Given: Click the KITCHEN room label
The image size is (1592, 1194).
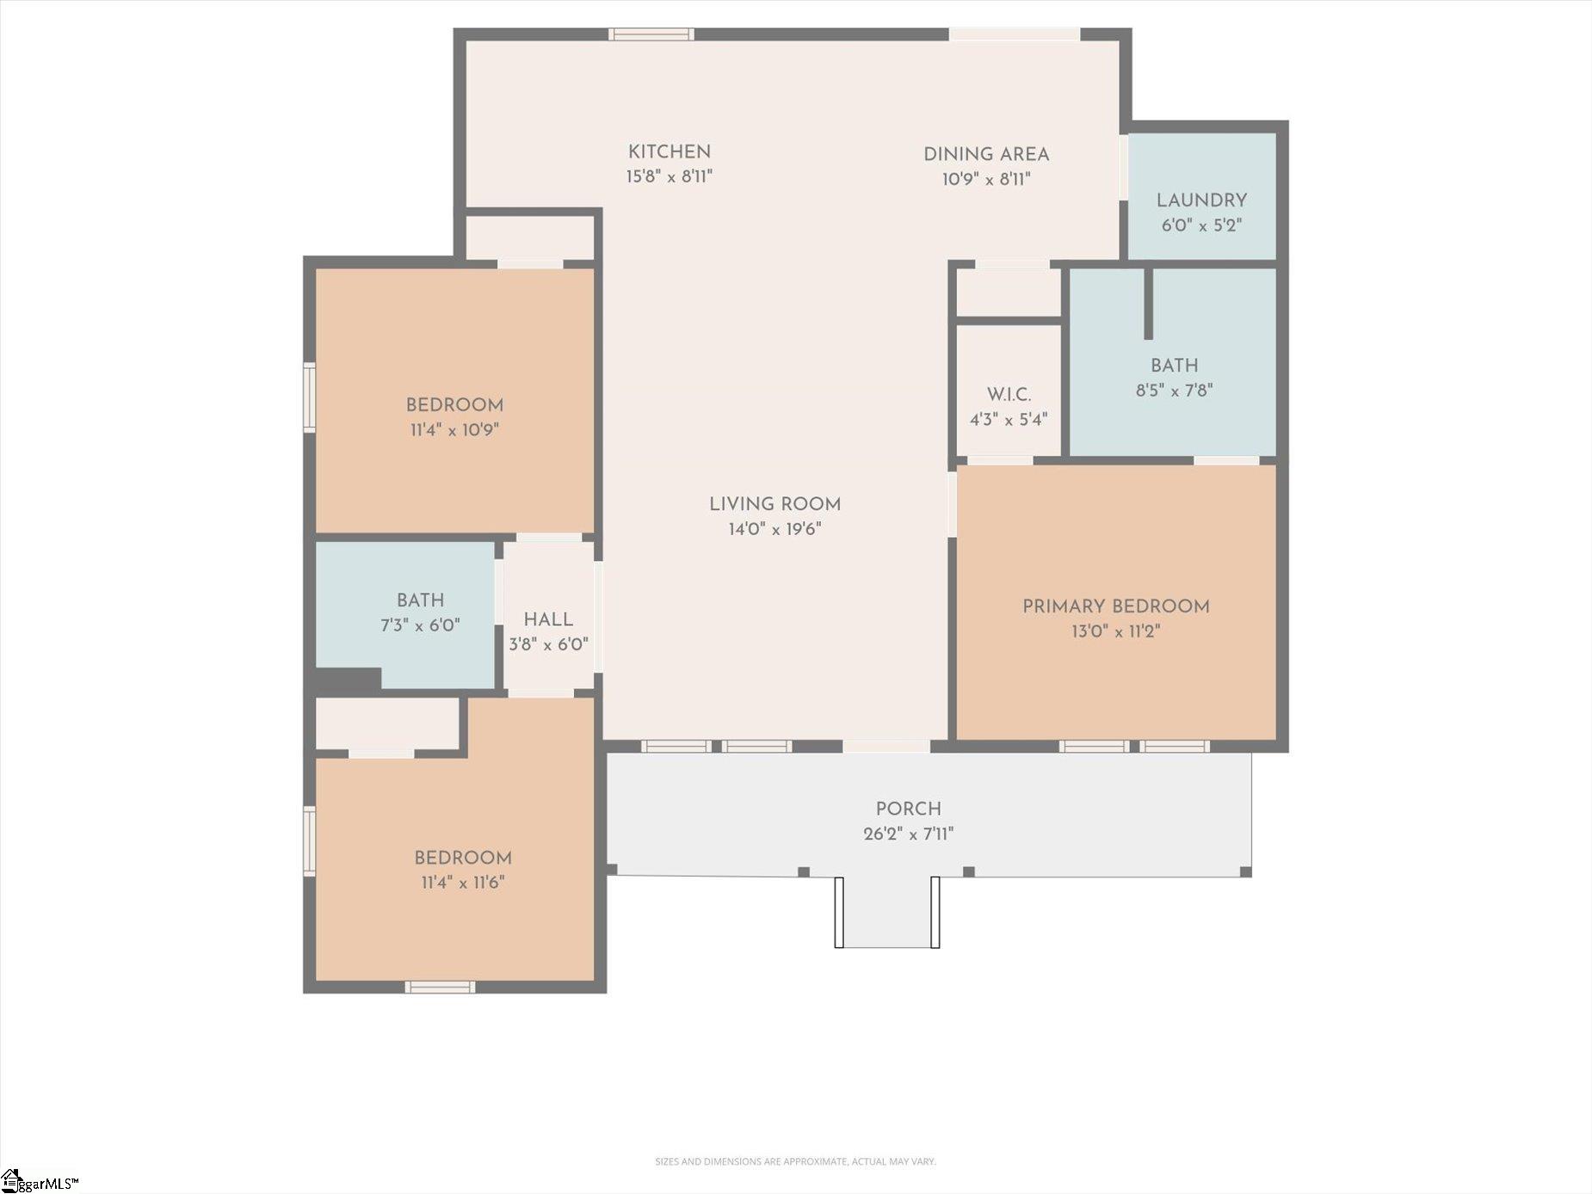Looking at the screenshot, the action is [x=670, y=152].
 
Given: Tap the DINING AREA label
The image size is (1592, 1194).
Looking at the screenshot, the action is [x=986, y=155].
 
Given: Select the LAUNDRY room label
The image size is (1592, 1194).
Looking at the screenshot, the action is [x=1201, y=200].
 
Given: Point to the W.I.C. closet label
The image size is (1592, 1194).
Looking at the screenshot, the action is [x=1009, y=395].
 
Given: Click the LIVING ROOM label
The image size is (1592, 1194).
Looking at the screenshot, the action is [x=775, y=504].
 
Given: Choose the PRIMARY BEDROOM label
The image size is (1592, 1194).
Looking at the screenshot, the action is [x=1116, y=606].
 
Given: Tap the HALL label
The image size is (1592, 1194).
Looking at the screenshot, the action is [x=548, y=620].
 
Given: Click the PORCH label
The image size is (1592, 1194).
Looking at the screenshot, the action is [x=909, y=809].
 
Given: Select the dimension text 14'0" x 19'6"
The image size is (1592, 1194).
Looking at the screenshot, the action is [x=775, y=529].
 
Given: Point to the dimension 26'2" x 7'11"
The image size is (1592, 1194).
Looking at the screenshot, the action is [x=909, y=834].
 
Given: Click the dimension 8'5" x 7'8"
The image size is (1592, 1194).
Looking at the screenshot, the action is [x=1175, y=391].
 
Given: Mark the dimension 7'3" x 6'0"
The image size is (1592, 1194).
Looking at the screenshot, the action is [x=421, y=625].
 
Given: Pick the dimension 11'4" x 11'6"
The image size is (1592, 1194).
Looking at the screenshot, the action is [x=463, y=883].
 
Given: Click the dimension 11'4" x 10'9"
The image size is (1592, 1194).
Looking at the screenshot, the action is [x=454, y=430].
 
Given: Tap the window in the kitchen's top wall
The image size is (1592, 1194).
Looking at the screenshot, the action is [x=651, y=34].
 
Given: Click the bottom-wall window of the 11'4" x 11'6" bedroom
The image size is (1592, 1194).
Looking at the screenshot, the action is [x=440, y=987].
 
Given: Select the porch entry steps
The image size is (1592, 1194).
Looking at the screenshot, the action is [x=887, y=913].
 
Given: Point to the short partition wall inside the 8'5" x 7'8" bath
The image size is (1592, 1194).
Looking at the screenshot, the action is [x=1148, y=304].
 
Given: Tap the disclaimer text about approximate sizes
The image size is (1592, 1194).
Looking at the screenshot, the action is [x=795, y=1161].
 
